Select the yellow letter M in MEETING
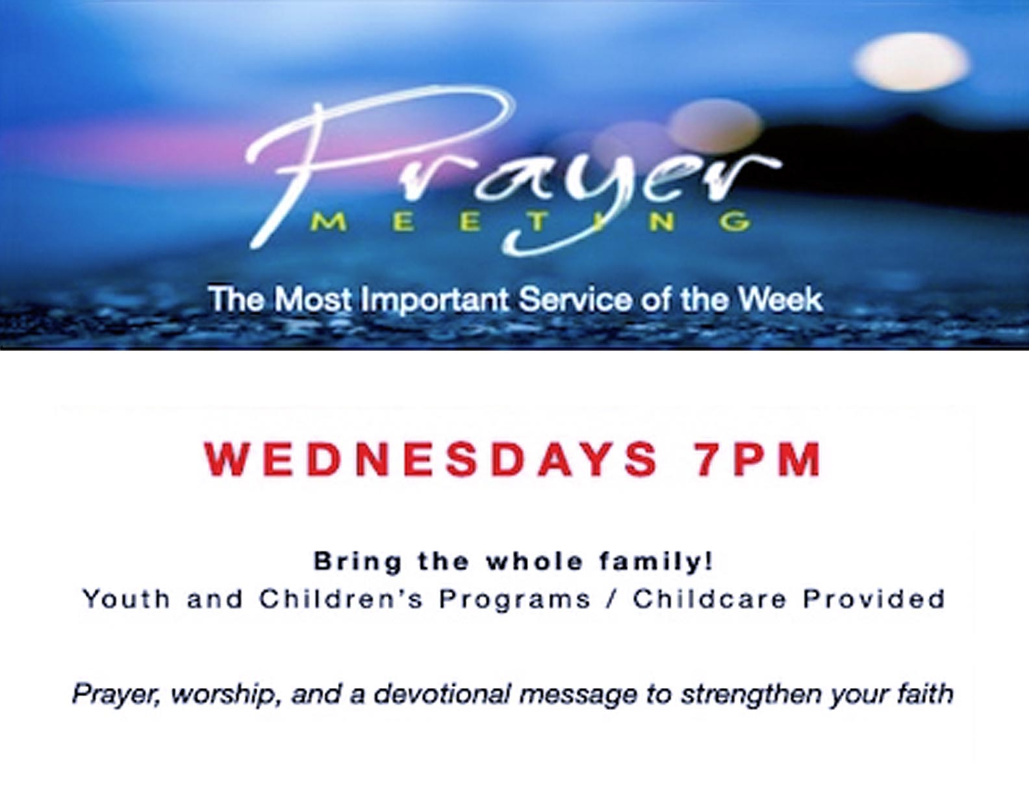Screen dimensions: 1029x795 point(331,223)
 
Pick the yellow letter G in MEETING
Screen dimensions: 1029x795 point(735,223)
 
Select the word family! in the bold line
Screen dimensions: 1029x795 point(656,562)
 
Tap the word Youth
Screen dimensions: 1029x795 point(127,599)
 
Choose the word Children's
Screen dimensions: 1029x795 point(340,599)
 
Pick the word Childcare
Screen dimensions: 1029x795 point(710,599)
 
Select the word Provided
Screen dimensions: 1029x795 point(874,599)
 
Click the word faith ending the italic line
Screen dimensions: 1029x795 point(925,694)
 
